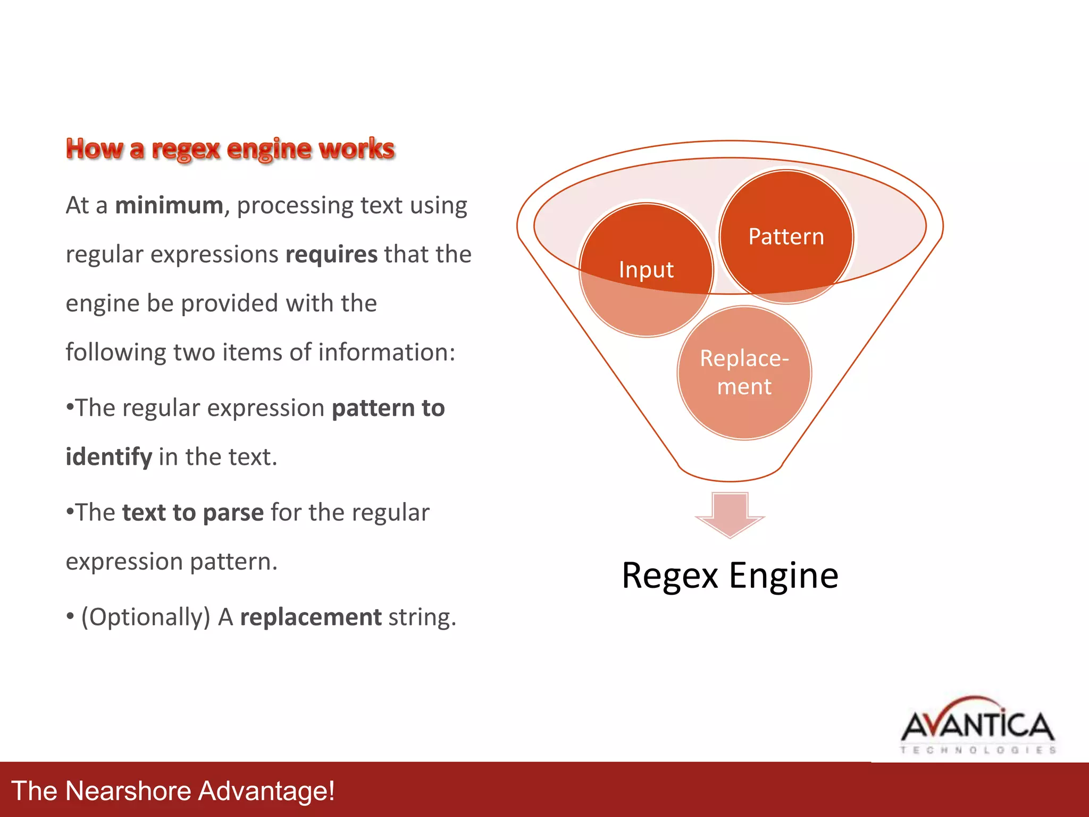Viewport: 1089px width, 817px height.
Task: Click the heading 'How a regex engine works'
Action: [x=230, y=149]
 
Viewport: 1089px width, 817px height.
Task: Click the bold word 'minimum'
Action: [x=169, y=206]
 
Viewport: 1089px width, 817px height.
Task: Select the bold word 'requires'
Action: [x=331, y=255]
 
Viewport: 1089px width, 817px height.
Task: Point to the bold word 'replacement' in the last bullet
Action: [x=311, y=618]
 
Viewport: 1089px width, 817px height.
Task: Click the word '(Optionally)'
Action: [x=146, y=618]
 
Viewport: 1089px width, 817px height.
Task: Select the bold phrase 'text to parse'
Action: [x=192, y=513]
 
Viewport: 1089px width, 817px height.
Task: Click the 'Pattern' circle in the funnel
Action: [x=786, y=237]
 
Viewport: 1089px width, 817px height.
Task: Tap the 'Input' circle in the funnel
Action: [x=646, y=270]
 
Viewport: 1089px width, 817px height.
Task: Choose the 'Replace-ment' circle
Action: [x=744, y=372]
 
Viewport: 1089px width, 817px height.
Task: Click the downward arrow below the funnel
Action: [x=730, y=514]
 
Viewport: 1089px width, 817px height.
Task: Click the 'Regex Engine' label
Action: [x=730, y=576]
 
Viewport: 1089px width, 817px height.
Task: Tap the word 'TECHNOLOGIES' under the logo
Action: [x=977, y=750]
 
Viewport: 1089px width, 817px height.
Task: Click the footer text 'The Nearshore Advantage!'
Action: [x=173, y=790]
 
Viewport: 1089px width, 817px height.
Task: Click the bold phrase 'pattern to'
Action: [x=388, y=408]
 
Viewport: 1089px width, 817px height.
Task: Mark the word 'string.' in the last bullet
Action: [x=422, y=618]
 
